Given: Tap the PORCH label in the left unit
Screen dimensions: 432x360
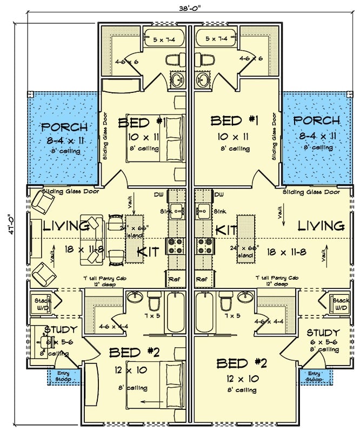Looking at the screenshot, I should coord(64,127).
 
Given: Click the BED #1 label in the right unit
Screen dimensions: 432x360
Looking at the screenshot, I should coord(234,120).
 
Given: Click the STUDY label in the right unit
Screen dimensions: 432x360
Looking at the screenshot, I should coord(323,333).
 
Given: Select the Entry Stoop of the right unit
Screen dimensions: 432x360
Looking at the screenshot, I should coord(315,376).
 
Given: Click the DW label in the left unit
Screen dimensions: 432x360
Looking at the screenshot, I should coord(158,194).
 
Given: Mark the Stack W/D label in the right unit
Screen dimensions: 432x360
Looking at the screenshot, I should coord(341,304).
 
